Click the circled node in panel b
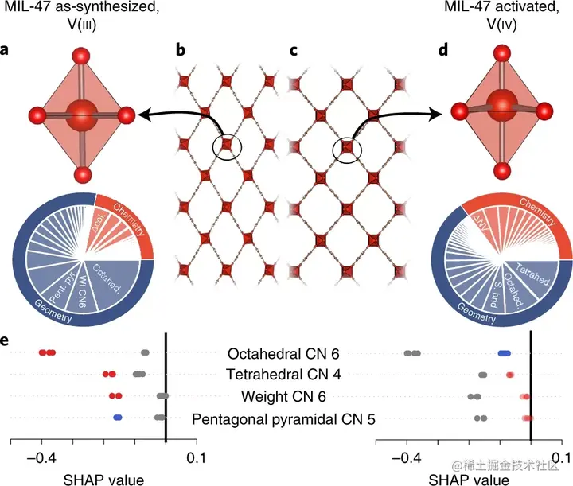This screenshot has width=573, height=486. pyautogui.click(x=228, y=145)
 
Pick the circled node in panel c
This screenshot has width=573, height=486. pyautogui.click(x=347, y=147)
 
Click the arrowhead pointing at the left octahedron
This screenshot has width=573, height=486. pyautogui.click(x=142, y=117)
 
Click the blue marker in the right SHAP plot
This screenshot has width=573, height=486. pyautogui.click(x=504, y=352)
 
